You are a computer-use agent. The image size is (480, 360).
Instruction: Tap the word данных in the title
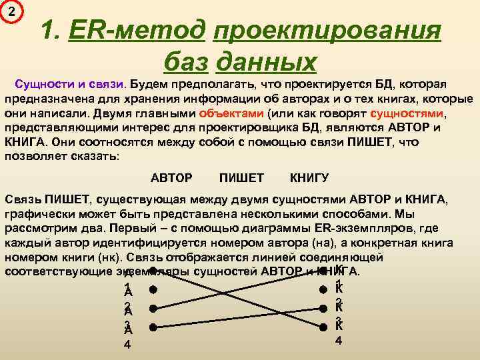click(267, 61)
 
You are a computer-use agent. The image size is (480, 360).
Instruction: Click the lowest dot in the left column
click(153, 327)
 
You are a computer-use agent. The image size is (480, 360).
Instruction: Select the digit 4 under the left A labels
click(128, 345)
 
